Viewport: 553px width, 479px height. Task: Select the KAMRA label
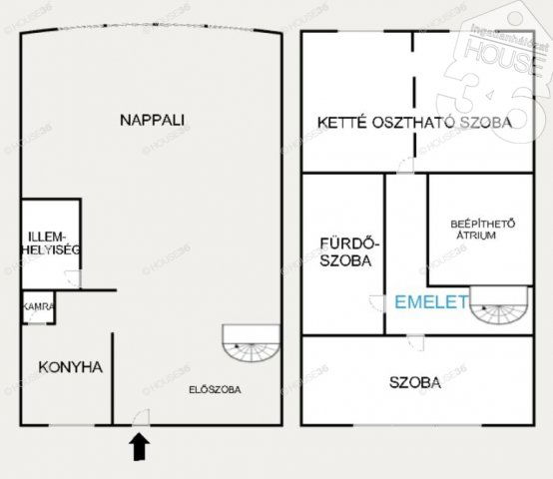pyautogui.click(x=39, y=307)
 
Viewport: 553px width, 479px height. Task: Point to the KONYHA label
pyautogui.click(x=70, y=367)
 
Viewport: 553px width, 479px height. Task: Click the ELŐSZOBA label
pyautogui.click(x=216, y=390)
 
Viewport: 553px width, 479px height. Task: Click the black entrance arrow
pyautogui.click(x=139, y=446)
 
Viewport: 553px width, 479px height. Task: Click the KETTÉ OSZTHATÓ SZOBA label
pyautogui.click(x=414, y=123)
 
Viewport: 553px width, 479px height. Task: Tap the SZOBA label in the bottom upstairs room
pyautogui.click(x=415, y=383)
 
